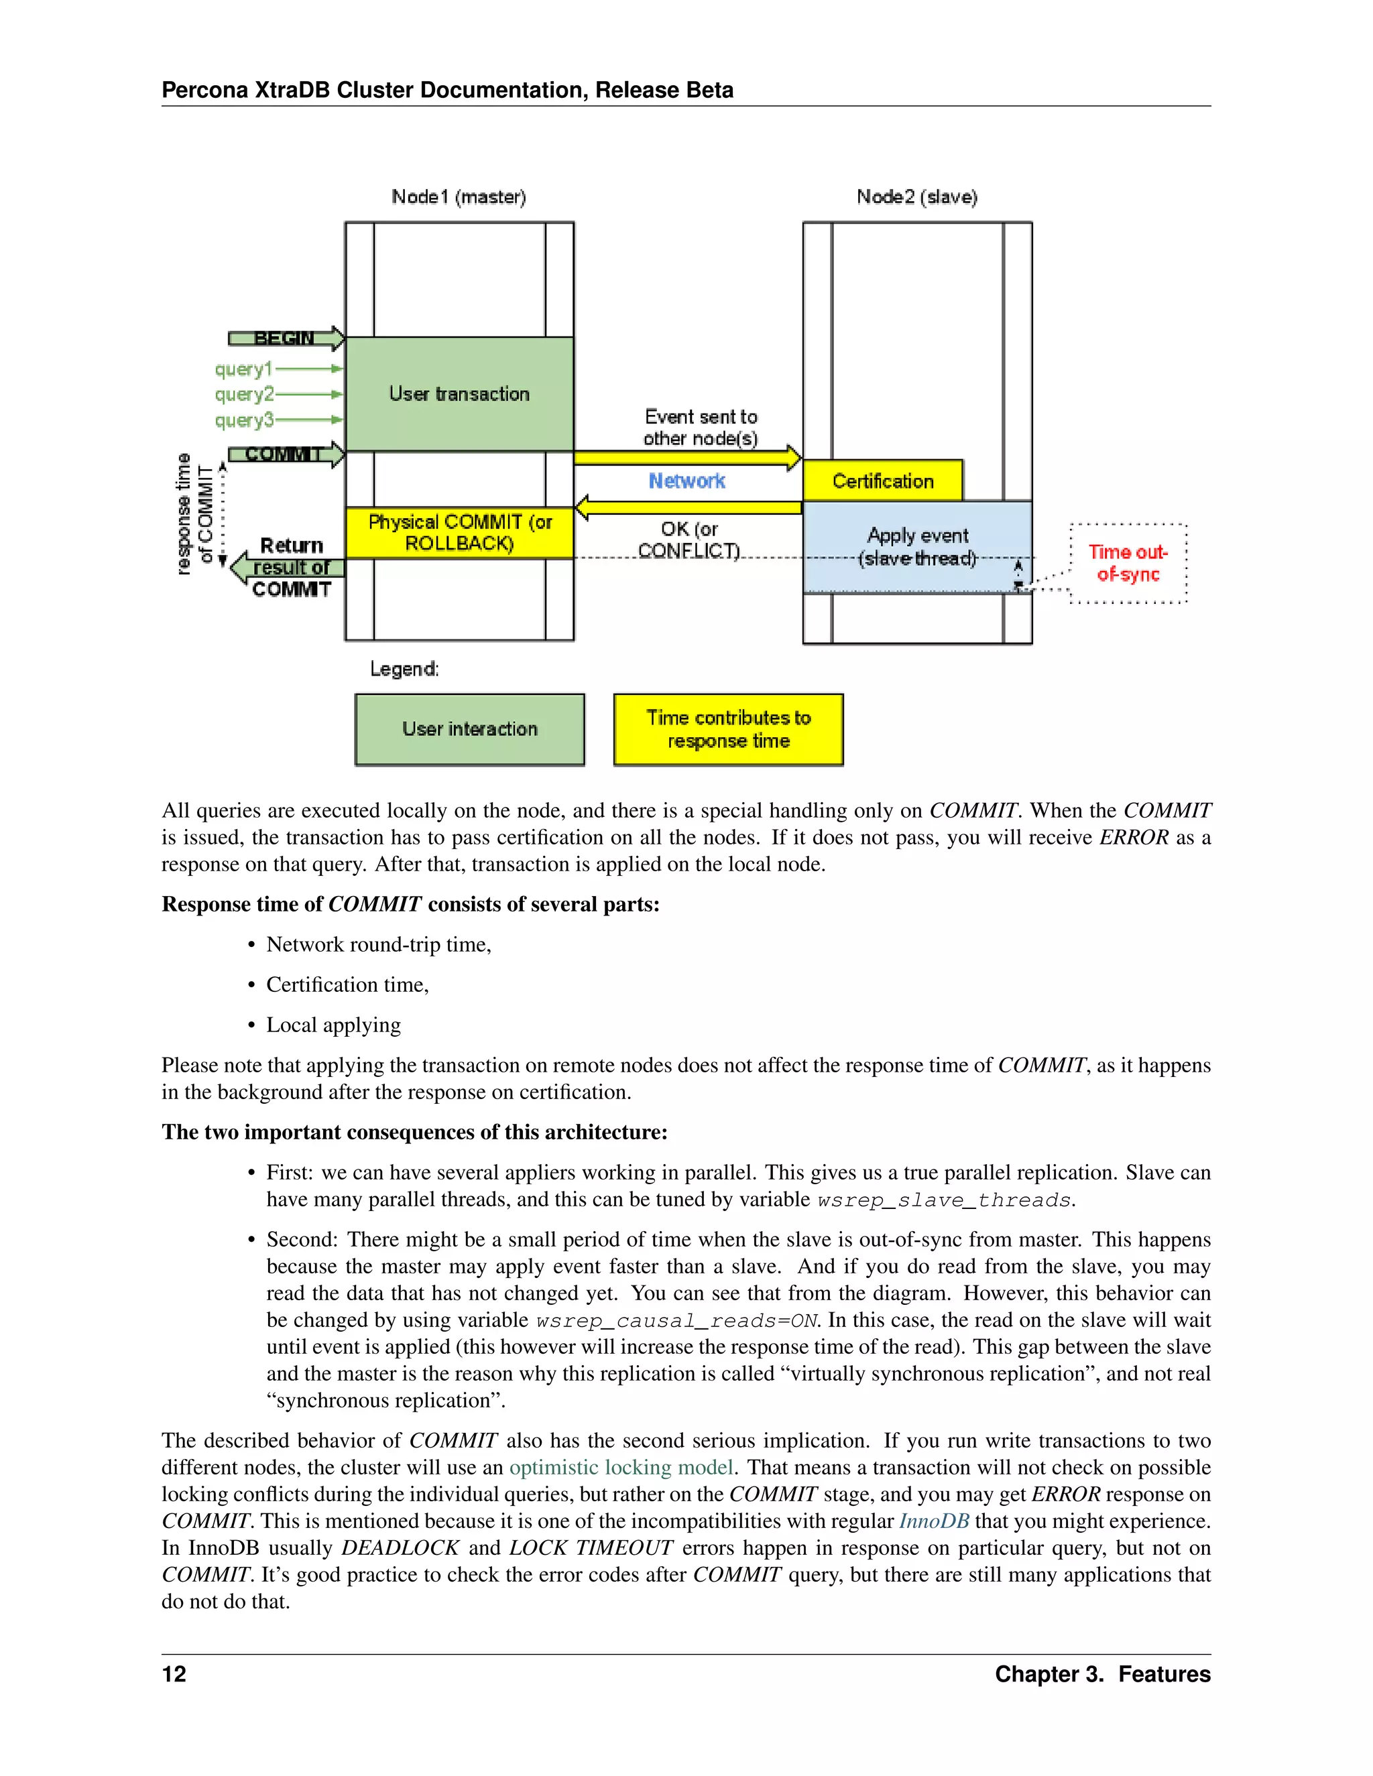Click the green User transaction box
click(459, 394)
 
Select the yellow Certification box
click(882, 481)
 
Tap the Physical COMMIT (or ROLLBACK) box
click(459, 533)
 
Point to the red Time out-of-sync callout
click(1128, 564)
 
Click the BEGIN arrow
click(285, 338)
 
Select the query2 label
click(243, 394)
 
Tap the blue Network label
click(686, 481)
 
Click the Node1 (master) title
click(459, 197)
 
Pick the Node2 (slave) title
click(916, 197)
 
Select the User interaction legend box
click(469, 729)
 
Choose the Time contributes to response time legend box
click(728, 729)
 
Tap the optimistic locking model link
click(621, 1468)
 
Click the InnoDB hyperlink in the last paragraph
click(933, 1521)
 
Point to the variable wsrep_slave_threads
click(943, 1200)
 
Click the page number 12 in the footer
click(174, 1674)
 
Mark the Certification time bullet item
click(347, 985)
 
